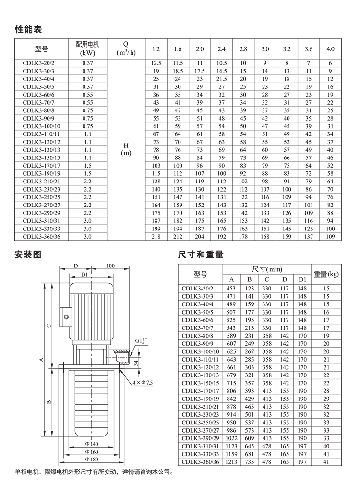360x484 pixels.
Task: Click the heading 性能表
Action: (29, 30)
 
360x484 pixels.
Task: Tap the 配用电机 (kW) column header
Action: (87, 49)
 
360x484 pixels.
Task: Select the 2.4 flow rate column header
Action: (221, 49)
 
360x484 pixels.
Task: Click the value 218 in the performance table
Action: (156, 236)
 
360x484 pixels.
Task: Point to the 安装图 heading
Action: (29, 255)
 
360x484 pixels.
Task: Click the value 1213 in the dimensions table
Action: (231, 462)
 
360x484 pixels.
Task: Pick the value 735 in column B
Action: (249, 462)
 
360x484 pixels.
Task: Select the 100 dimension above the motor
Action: (111, 266)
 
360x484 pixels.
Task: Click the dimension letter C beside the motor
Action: (48, 326)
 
